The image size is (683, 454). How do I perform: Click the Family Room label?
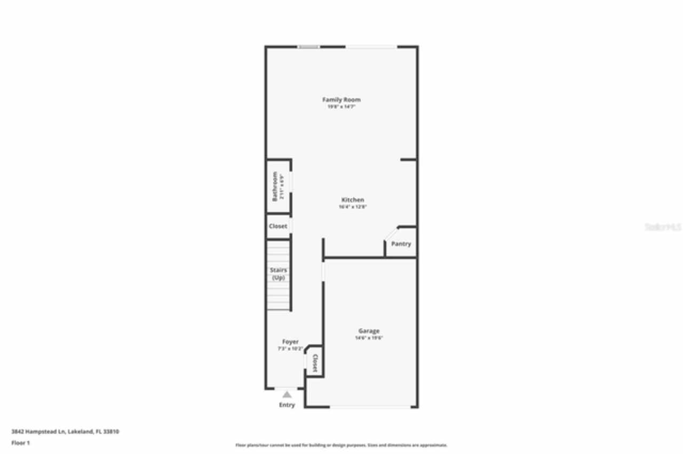coord(341,100)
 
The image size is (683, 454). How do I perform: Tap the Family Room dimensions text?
coord(341,107)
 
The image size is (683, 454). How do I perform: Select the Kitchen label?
coord(353,200)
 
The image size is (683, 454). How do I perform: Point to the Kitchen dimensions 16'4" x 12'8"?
coord(353,207)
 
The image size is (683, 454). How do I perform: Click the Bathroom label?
coord(275,186)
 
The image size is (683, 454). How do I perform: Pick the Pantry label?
coord(401,244)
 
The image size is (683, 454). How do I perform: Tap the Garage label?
coord(369,331)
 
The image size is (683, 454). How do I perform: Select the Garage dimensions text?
coord(369,338)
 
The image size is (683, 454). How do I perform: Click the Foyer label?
coord(290,342)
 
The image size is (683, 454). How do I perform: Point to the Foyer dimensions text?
coord(290,349)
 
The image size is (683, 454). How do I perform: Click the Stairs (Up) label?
coord(278,274)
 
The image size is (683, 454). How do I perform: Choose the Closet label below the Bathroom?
coord(278,226)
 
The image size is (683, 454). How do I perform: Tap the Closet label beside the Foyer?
coord(315,363)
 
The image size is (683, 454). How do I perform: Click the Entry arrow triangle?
coord(287,394)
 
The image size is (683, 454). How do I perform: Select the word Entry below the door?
coord(287,405)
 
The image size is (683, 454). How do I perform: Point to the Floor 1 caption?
coord(21,443)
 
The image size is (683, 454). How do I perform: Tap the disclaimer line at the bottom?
coord(341,445)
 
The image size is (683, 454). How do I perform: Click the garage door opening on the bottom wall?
coord(370,408)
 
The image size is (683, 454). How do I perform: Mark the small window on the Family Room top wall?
coord(308,47)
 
